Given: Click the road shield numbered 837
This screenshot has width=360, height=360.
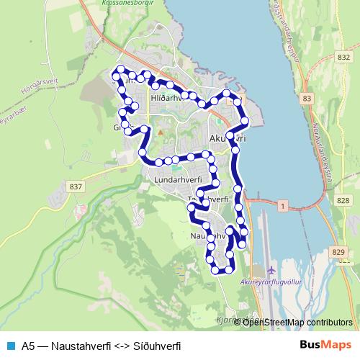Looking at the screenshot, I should coord(77,186).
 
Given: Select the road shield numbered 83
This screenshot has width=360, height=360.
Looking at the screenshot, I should coord(308,97).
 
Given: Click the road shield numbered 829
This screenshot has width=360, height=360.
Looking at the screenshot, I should coord(339,251).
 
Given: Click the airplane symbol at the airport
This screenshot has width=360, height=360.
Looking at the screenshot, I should coord(271,270).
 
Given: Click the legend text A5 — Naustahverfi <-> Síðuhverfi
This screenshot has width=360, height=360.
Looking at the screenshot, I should coord(101,346).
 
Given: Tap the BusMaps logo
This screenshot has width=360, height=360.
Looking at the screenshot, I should coord(325,345).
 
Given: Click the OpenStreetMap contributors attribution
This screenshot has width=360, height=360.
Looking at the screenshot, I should coord(297,322).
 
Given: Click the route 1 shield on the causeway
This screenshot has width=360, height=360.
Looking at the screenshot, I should coord(283,206).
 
